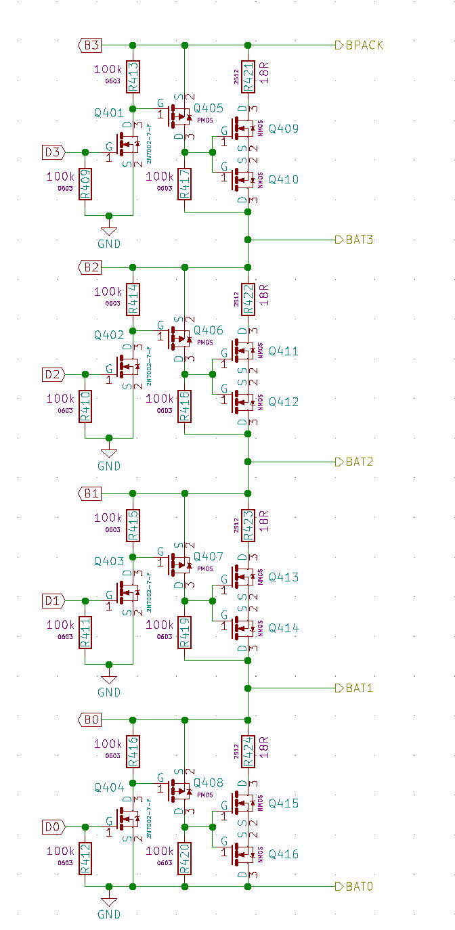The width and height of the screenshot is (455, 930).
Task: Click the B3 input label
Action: coord(91,45)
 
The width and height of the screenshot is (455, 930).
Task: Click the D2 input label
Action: coord(53,374)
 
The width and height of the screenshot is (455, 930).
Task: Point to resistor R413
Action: coord(133,76)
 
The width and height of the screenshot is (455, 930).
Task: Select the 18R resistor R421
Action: coord(248,76)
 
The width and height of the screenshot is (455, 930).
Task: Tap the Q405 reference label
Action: coord(208,108)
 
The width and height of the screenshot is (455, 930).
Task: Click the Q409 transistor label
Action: coord(283,129)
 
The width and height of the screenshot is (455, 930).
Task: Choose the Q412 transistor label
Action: coord(283,401)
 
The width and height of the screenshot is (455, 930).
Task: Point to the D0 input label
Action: coord(53,827)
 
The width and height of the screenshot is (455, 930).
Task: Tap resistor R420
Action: coord(184,858)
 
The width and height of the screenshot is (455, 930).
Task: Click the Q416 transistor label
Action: coord(283,854)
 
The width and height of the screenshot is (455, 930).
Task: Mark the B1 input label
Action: coord(91,493)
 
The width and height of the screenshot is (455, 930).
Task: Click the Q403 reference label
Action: coord(109,561)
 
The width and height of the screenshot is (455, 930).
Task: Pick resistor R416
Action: coord(133,751)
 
